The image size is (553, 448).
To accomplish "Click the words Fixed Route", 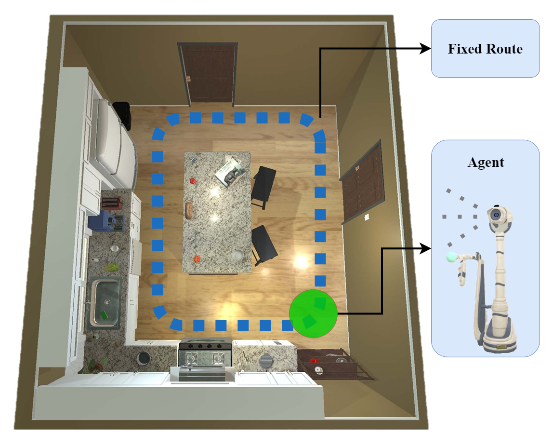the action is pyautogui.click(x=485, y=49).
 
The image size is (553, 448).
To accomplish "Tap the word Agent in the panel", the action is pyautogui.click(x=486, y=163).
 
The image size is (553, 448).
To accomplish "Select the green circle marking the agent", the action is pyautogui.click(x=313, y=313).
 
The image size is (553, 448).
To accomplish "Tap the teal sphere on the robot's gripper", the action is pyautogui.click(x=451, y=257).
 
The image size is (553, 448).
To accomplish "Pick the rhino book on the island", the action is pyautogui.click(x=230, y=170).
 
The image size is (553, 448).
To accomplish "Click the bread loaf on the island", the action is pyautogui.click(x=190, y=209).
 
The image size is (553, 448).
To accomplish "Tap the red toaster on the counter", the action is pyautogui.click(x=112, y=203).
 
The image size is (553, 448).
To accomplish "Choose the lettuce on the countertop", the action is pyautogui.click(x=112, y=267).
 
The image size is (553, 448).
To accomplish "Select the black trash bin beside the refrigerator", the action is pyautogui.click(x=122, y=114).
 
